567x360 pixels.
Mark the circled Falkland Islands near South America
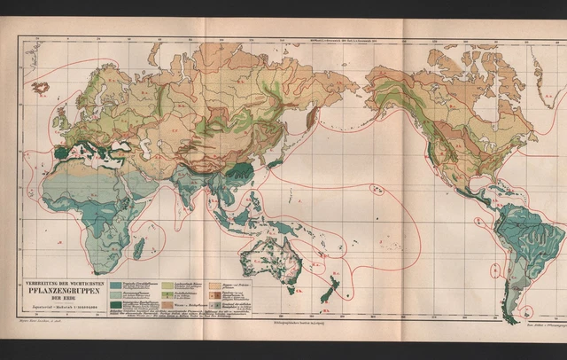(x=528, y=310)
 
